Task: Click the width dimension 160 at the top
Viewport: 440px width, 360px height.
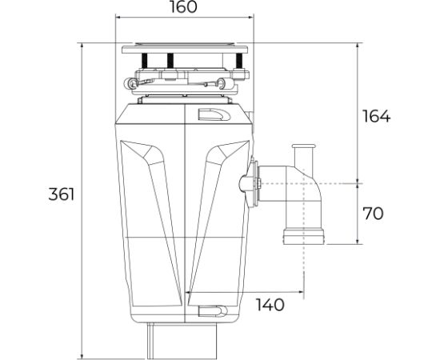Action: (x=185, y=8)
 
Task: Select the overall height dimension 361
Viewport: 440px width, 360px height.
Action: (x=61, y=194)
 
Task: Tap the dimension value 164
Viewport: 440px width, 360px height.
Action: (x=376, y=116)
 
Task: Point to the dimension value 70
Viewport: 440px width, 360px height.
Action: (x=373, y=214)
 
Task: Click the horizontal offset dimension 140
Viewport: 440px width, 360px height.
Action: (x=270, y=305)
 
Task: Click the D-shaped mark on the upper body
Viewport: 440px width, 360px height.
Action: (x=216, y=114)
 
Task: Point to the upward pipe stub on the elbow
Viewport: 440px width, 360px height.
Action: (x=303, y=154)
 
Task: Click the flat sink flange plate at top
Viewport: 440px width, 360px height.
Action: (x=185, y=49)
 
